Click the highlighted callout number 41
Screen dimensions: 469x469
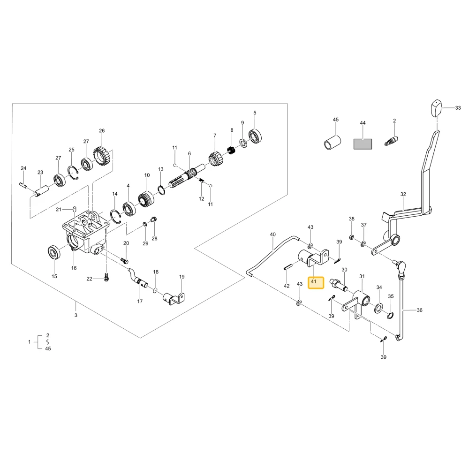click(313, 281)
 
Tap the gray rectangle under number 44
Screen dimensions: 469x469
click(363, 144)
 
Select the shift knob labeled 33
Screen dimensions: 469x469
click(436, 108)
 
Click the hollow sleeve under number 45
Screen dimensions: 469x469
click(333, 143)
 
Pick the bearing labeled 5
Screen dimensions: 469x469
click(256, 136)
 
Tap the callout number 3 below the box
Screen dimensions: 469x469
click(76, 315)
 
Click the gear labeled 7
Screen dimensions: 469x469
click(214, 159)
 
